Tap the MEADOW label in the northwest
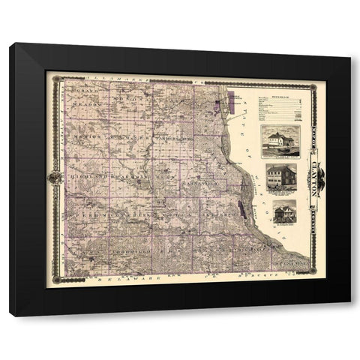click(x=83, y=106)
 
